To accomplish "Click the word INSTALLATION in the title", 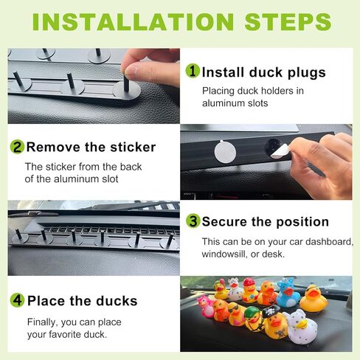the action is pyautogui.click(x=133, y=22).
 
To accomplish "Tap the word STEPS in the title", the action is pyautogui.click(x=288, y=22).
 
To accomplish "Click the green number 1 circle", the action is pyautogui.click(x=193, y=71).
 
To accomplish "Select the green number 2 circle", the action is pyautogui.click(x=17, y=147).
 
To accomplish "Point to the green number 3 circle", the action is pyautogui.click(x=193, y=221).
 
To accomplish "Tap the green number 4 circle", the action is pyautogui.click(x=17, y=300).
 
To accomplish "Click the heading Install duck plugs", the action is pyautogui.click(x=264, y=73).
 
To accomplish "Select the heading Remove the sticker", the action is pyautogui.click(x=91, y=148).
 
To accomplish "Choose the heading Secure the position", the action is pyautogui.click(x=266, y=222).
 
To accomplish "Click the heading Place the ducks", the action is pyautogui.click(x=83, y=301).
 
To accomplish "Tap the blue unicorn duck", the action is pyautogui.click(x=288, y=292).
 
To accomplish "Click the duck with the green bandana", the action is pyautogui.click(x=253, y=319).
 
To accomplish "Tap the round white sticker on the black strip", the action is pyautogui.click(x=225, y=152).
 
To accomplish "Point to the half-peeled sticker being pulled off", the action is pyautogui.click(x=280, y=151).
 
